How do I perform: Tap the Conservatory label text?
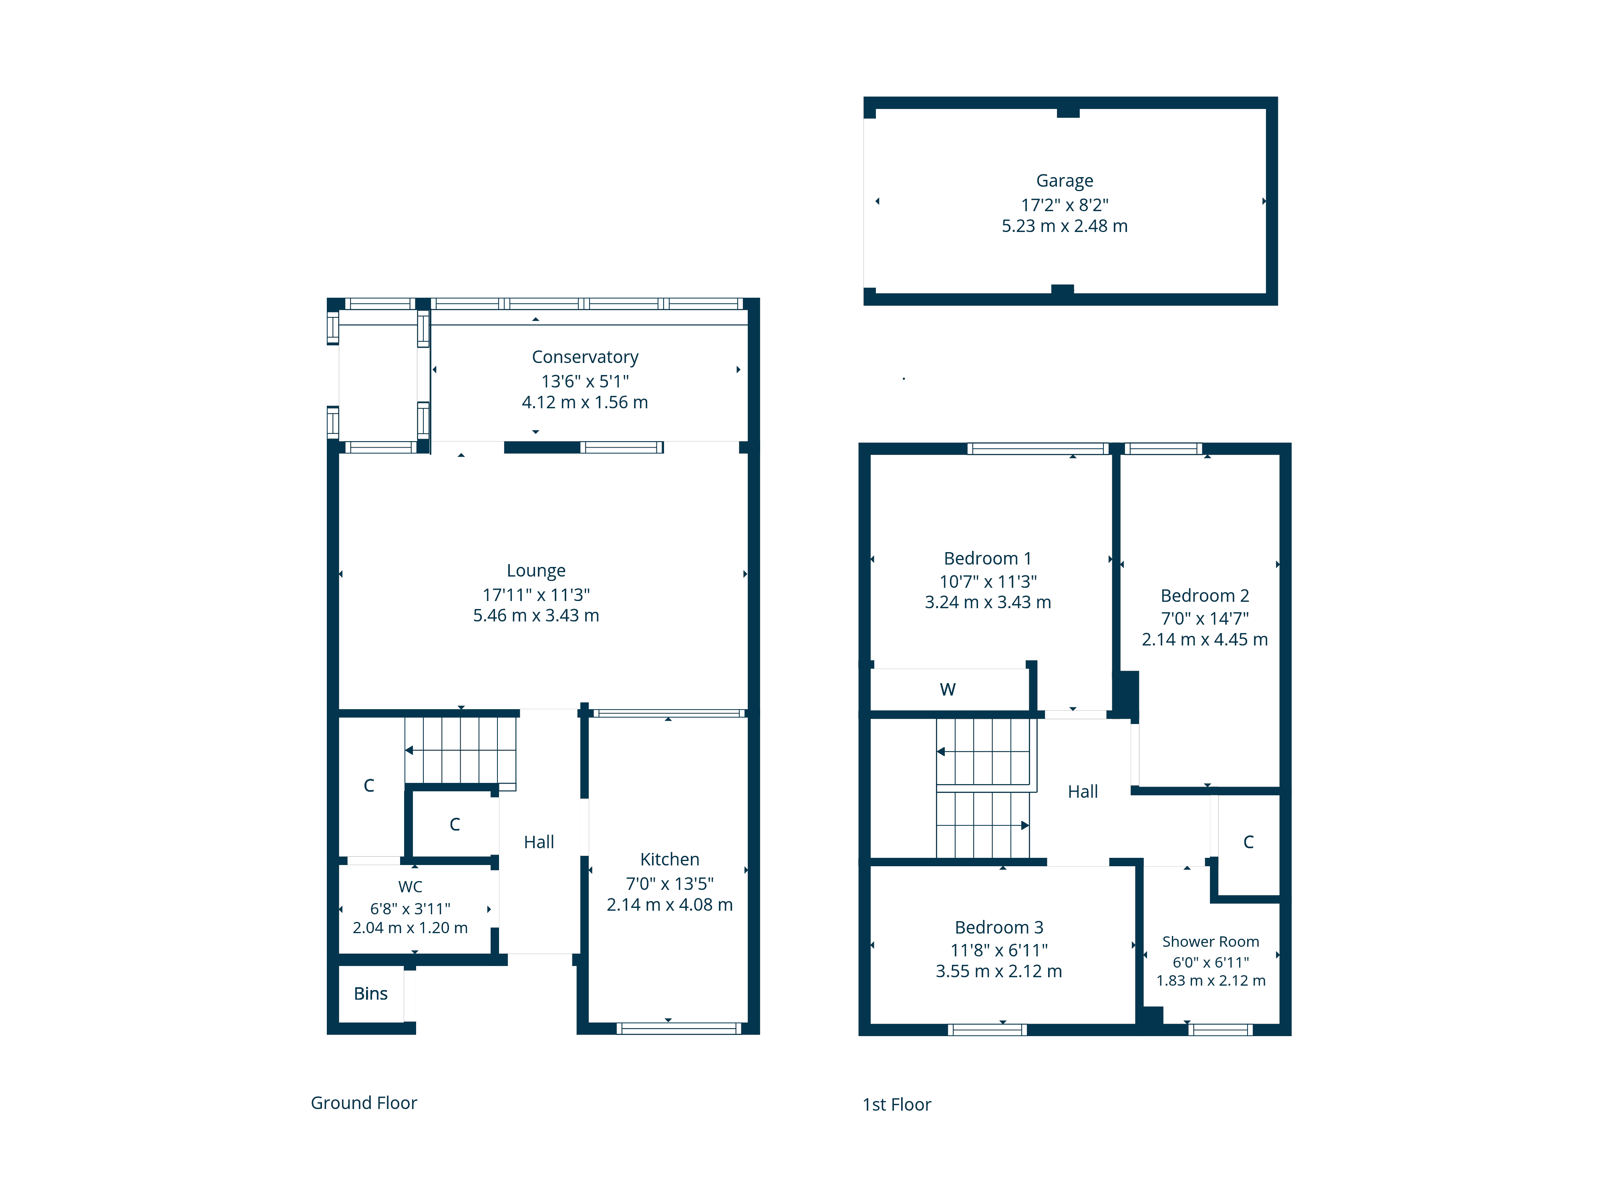coord(585,357)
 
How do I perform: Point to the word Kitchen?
coord(670,859)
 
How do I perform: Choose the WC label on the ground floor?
coord(411,887)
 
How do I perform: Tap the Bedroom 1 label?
coord(988,559)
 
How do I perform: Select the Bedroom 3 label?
coord(999,928)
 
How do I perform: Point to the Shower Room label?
coord(1211,942)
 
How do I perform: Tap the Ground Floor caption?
coord(364,1103)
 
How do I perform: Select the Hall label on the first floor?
coord(1083,792)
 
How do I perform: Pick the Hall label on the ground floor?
coord(539,842)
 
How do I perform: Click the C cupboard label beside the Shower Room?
coord(1249,842)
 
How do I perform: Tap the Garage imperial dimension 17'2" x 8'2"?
coord(1065,205)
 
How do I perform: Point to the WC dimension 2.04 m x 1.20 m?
coord(411,928)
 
